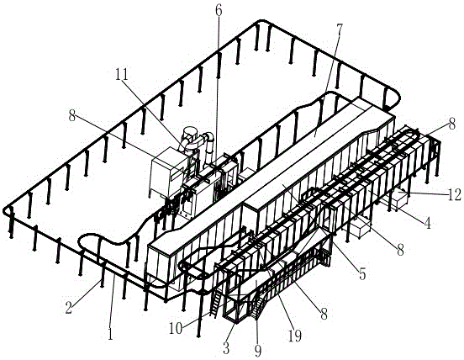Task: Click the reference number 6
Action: pos(218,11)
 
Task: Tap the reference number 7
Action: pos(339,29)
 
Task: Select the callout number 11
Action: pos(122,74)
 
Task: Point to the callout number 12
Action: pos(455,195)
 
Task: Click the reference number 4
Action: pos(427,223)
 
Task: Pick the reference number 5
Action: pos(362,274)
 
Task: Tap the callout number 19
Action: pos(295,336)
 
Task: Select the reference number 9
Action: pos(258,351)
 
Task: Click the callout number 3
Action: pos(226,349)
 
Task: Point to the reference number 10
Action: pos(176,328)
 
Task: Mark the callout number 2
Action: pos(69,308)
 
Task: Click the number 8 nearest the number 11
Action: pos(72,116)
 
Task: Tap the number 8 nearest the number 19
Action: pos(324,314)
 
